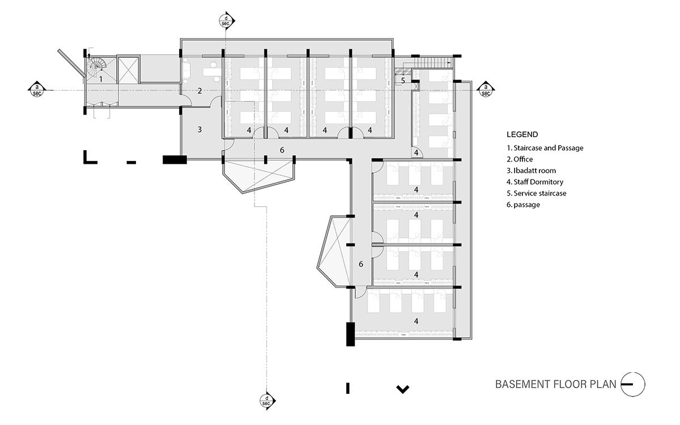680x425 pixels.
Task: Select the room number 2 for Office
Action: (199, 91)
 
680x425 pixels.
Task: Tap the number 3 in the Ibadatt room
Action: (199, 129)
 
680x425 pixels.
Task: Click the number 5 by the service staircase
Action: (403, 80)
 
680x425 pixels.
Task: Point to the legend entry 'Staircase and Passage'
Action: (545, 148)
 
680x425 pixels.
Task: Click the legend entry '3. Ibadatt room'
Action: (531, 171)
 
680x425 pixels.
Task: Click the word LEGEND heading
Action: (522, 135)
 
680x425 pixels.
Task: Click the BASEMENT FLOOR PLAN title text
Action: (555, 385)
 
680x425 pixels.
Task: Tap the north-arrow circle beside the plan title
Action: (633, 384)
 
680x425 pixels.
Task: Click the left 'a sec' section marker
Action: (36, 89)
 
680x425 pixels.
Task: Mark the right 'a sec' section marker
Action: (485, 89)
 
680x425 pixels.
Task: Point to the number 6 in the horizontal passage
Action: (282, 150)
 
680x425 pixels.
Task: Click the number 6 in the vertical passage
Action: (360, 264)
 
